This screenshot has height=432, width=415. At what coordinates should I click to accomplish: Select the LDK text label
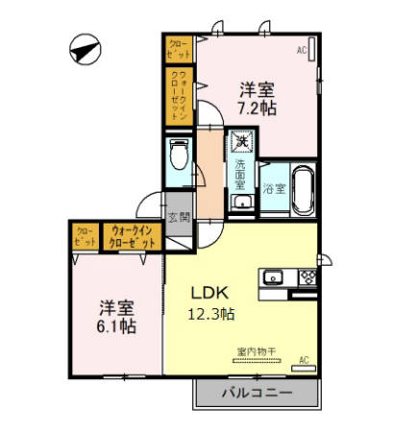[207, 293]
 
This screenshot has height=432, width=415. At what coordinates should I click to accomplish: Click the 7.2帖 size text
[258, 108]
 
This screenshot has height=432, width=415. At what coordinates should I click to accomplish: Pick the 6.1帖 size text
[116, 326]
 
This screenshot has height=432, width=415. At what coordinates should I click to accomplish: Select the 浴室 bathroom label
[275, 188]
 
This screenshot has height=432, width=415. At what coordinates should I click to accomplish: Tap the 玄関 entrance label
[178, 217]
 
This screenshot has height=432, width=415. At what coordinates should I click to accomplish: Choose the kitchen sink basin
[273, 278]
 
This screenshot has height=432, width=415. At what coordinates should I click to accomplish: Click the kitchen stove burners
[308, 278]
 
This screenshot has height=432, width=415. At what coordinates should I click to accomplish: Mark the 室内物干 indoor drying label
[256, 352]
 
